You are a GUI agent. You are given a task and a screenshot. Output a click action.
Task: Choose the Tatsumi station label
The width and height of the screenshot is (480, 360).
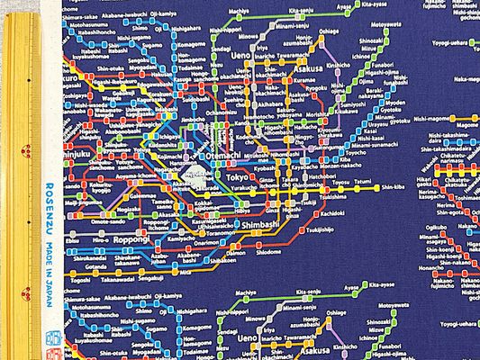tap(362, 181)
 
